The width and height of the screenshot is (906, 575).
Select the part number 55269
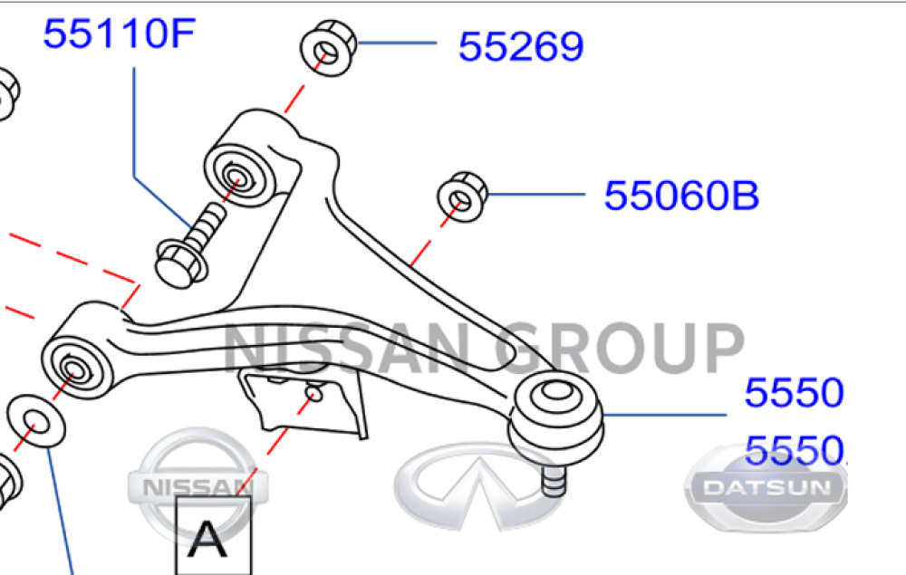click(x=520, y=46)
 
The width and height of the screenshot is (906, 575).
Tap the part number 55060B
click(x=681, y=195)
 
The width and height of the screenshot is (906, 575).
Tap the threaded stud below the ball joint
click(x=552, y=477)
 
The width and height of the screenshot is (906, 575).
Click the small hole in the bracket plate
click(x=314, y=394)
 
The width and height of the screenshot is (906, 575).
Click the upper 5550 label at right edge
click(x=794, y=394)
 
